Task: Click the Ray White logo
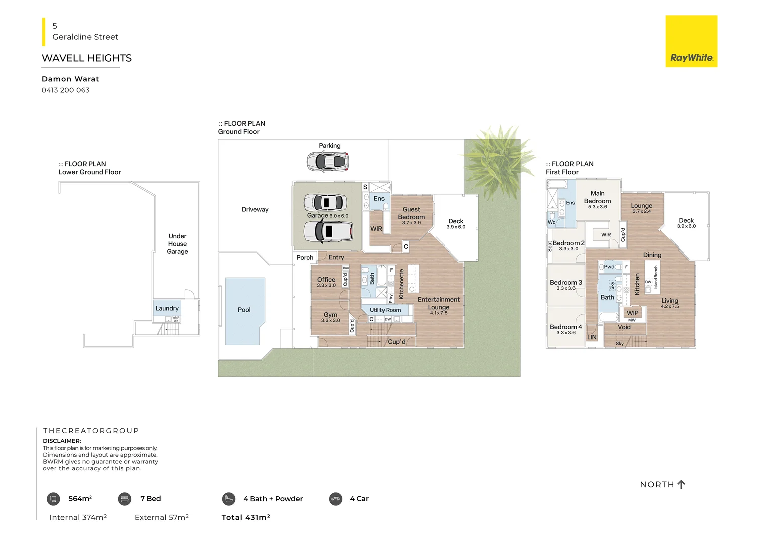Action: (691, 41)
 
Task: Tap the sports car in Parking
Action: (328, 162)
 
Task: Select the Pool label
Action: (244, 310)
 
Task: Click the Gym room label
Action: (330, 315)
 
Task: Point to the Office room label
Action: (326, 280)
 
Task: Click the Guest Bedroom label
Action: (411, 213)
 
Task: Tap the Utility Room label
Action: (385, 310)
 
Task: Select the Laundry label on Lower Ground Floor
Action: (167, 308)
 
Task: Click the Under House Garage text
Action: (177, 244)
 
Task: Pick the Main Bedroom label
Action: (597, 197)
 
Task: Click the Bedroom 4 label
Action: (565, 327)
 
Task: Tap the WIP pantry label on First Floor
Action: (632, 313)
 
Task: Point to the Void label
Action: (624, 327)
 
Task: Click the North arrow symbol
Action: (681, 484)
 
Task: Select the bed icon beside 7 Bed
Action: (125, 499)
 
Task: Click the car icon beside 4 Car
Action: (336, 499)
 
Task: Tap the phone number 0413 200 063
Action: (66, 90)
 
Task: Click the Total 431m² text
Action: (246, 517)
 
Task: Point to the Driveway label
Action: (255, 209)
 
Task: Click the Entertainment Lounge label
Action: (438, 303)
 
